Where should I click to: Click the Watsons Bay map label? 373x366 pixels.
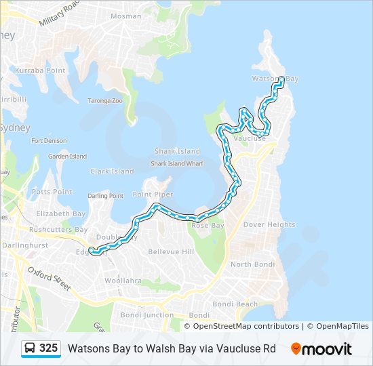275,79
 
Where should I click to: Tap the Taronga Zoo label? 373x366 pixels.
104,100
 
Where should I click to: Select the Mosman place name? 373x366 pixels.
125,16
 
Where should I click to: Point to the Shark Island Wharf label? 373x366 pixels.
176,163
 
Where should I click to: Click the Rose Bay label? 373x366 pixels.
208,225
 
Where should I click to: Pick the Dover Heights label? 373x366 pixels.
269,224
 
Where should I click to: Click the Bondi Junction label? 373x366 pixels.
147,315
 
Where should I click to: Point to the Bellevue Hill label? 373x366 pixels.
171,251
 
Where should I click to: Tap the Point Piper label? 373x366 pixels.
153,195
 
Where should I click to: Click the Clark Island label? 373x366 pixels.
112,171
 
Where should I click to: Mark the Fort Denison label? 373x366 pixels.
49,141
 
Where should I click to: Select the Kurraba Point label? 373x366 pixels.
40,70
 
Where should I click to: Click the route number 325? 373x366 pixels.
49,348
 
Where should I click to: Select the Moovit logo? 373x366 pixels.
321,349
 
